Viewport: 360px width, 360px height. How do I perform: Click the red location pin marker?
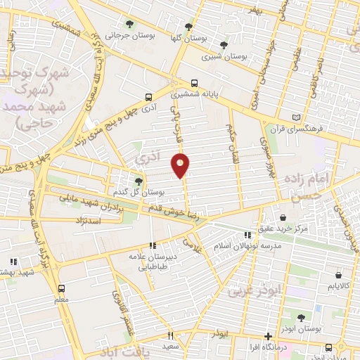coord(181,166)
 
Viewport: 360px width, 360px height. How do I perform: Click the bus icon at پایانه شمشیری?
coord(194,82)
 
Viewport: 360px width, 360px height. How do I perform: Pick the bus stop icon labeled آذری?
coord(148,97)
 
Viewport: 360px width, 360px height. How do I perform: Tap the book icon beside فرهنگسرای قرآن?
coord(295,116)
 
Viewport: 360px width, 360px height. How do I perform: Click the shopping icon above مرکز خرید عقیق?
coord(282,217)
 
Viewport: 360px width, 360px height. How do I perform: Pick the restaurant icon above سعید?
coord(169,336)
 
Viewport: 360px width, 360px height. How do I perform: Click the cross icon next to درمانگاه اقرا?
coord(266,336)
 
